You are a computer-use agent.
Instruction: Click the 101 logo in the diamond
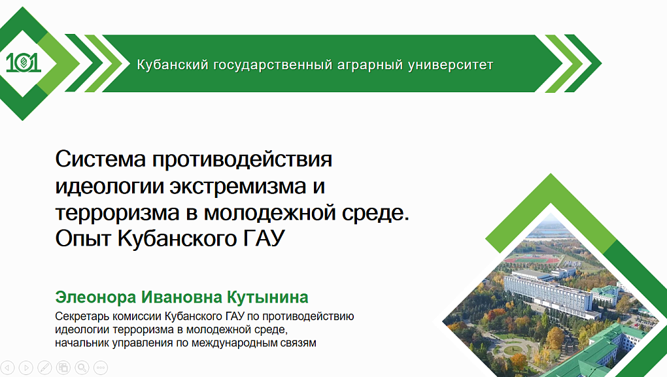tap(24, 63)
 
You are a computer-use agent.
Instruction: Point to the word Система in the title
tap(101, 159)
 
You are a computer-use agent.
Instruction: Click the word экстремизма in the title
tap(238, 186)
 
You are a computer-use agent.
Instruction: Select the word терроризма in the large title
tap(118, 212)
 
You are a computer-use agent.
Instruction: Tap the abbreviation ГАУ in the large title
tap(264, 238)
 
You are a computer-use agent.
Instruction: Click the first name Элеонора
tap(95, 297)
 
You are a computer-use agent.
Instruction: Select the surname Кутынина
tap(267, 297)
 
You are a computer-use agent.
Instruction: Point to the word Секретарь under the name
tap(82, 316)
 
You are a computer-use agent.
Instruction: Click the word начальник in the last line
tap(82, 342)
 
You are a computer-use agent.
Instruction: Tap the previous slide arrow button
tap(7, 367)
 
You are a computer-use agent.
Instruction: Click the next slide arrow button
tap(26, 367)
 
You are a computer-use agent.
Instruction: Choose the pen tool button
tap(44, 367)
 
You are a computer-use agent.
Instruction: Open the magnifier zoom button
tap(82, 367)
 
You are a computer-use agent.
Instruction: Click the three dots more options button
tap(101, 367)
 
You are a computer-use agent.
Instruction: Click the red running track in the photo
tap(532, 259)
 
